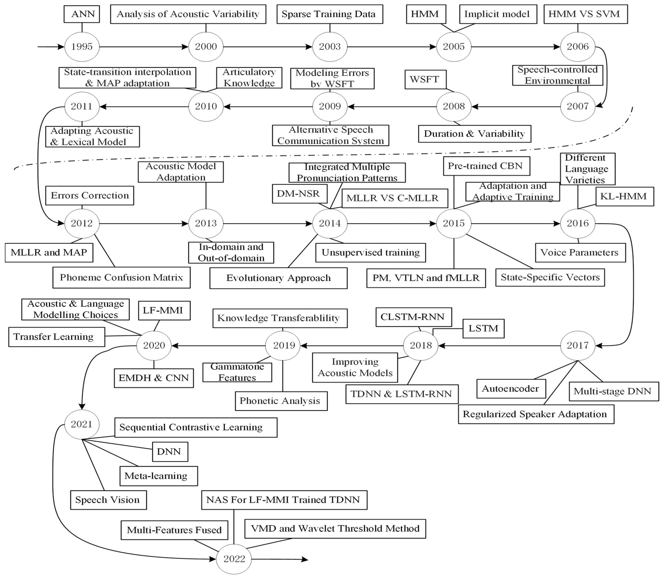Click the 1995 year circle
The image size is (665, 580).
coord(82,47)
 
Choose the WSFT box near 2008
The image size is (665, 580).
coord(425,80)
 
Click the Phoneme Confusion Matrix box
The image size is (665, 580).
coord(121,277)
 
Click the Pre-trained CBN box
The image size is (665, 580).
coord(486,166)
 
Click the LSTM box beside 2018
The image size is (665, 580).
coord(483,329)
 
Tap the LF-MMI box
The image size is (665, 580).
coord(164,310)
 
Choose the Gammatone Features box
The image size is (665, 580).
coord(237,372)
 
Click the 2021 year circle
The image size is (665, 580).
coord(82,424)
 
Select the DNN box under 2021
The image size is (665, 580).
coord(170,452)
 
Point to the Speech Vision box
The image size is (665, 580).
coord(108,500)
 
